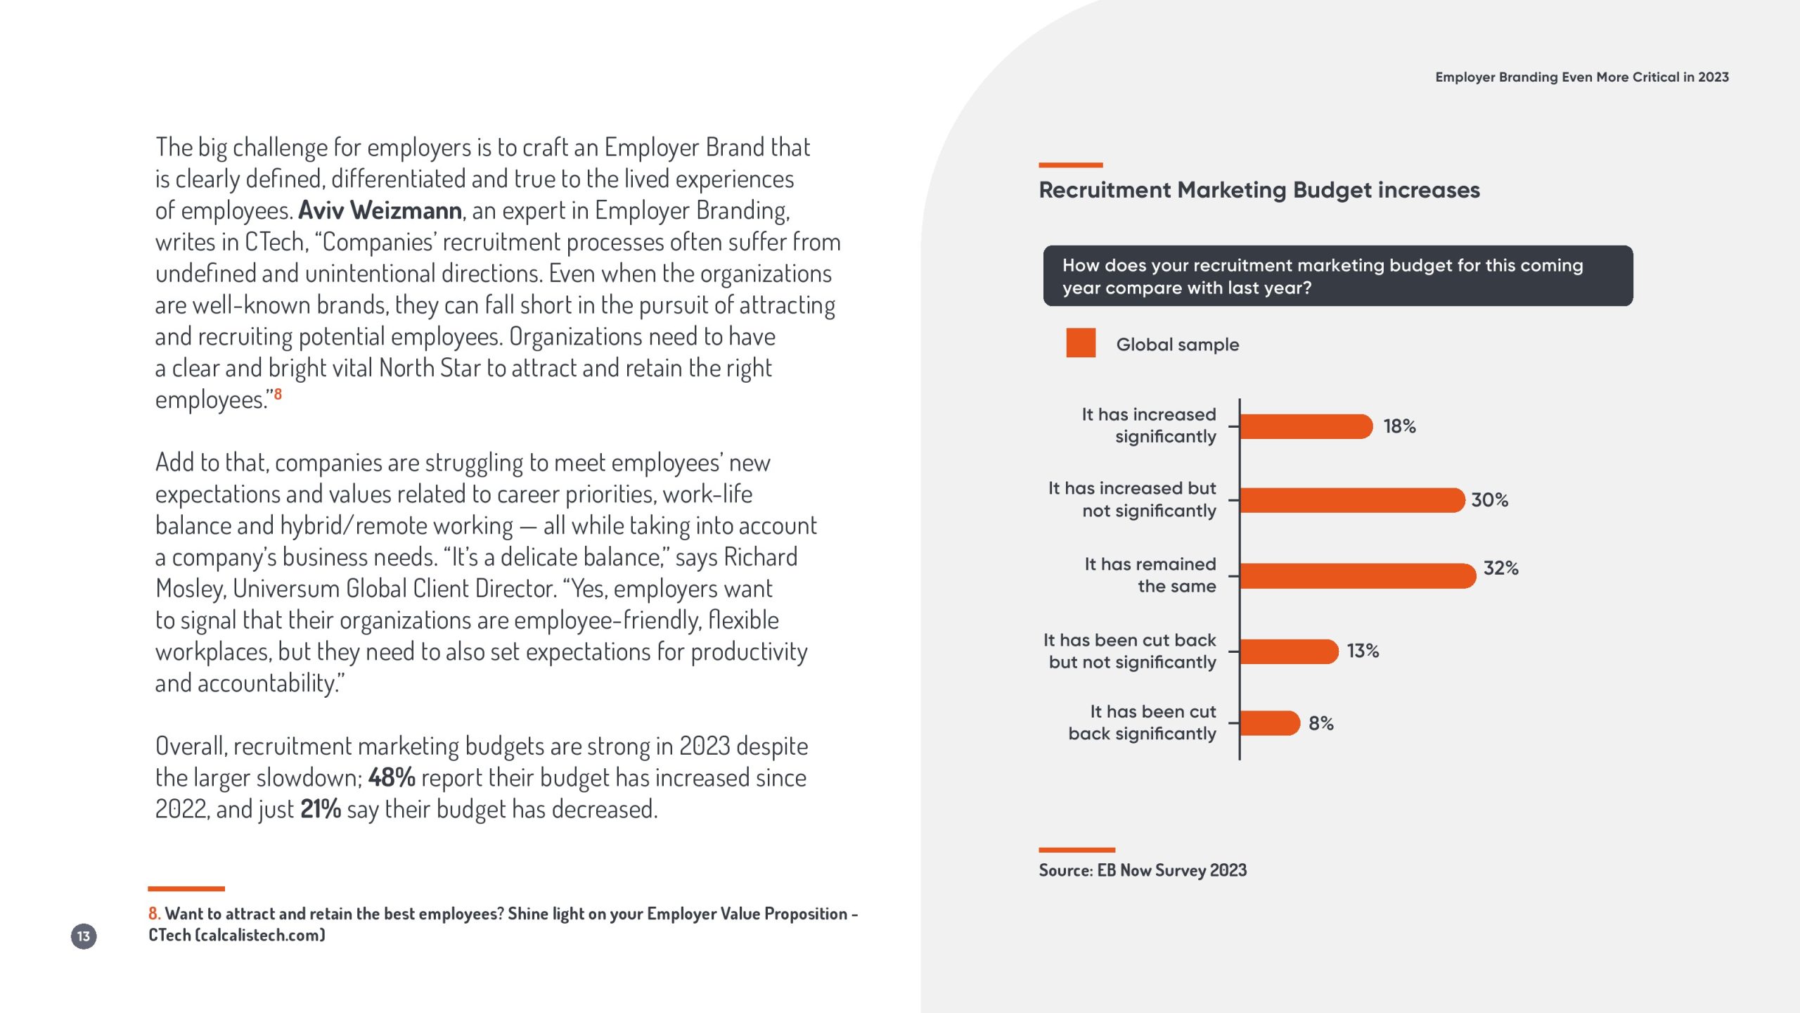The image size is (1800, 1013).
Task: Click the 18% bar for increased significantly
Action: (x=1305, y=426)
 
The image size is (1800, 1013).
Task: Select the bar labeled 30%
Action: (x=1351, y=500)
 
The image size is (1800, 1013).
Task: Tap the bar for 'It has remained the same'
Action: (x=1357, y=575)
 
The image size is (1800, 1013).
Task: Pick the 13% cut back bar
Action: (x=1288, y=651)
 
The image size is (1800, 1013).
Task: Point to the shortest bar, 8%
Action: (x=1269, y=723)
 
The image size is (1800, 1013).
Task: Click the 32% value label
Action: (x=1500, y=568)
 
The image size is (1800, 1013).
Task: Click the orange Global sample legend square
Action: (x=1081, y=343)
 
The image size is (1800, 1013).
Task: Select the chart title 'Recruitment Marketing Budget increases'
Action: (x=1259, y=190)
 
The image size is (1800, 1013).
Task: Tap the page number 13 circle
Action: (x=84, y=936)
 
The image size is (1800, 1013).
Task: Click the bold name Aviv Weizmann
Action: (x=380, y=210)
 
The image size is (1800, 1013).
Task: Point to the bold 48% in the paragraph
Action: (x=392, y=778)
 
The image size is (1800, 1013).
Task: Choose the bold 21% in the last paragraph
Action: (x=321, y=810)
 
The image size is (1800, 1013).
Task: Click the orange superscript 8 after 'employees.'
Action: (x=278, y=394)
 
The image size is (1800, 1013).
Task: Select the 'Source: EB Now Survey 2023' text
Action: (x=1143, y=871)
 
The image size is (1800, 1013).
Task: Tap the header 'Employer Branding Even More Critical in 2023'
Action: (x=1581, y=77)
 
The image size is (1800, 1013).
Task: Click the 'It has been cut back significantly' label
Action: (x=1142, y=722)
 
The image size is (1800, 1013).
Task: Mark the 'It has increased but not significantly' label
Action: (x=1132, y=499)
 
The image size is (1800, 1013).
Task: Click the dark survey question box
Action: (x=1337, y=276)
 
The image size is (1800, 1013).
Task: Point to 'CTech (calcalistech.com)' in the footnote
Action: (x=236, y=936)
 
